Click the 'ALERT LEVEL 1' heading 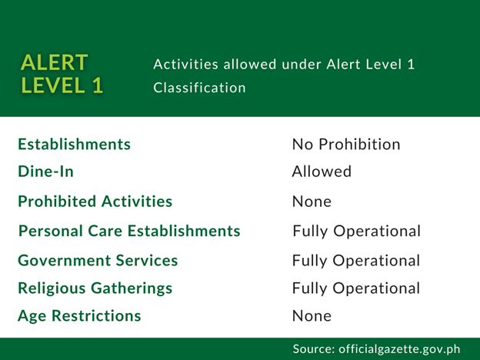click(62, 74)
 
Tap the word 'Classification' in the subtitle click(199, 88)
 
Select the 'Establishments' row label click(75, 144)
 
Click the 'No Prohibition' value click(346, 144)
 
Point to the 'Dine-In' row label click(46, 171)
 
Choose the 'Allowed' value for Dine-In click(322, 171)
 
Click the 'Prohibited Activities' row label click(95, 201)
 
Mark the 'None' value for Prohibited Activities click(312, 202)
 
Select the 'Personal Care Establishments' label click(129, 231)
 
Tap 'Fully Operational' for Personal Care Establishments click(357, 232)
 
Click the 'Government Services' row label click(98, 261)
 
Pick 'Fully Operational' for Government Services click(356, 261)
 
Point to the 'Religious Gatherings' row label click(95, 288)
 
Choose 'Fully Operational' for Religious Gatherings click(356, 288)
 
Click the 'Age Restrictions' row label click(79, 316)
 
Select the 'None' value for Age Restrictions click(312, 316)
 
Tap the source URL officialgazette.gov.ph click(399, 349)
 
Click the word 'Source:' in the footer click(314, 349)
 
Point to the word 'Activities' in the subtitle click(186, 65)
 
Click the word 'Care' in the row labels click(105, 231)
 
